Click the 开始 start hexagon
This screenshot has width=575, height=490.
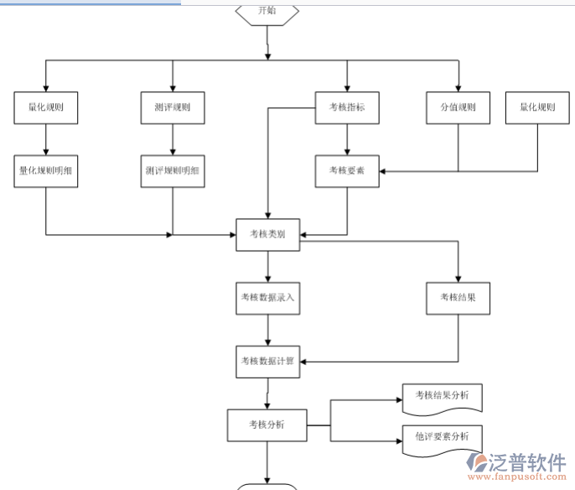pos(267,12)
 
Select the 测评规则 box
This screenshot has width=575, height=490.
pos(173,107)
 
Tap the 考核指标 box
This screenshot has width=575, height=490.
pos(346,107)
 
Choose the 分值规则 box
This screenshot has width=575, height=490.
pos(458,107)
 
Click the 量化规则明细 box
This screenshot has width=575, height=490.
pos(46,170)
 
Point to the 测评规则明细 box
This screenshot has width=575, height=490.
pos(173,170)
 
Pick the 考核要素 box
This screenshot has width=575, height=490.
pos(346,170)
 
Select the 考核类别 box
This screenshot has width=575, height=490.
pos(267,235)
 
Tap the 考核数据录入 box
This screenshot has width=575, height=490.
pos(267,297)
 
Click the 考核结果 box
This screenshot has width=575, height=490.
pos(458,297)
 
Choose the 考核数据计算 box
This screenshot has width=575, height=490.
pos(267,361)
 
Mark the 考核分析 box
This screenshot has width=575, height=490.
pos(267,425)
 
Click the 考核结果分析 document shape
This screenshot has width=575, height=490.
pos(442,395)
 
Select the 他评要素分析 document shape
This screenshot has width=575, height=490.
pos(442,437)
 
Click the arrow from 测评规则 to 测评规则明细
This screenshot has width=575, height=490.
pos(173,138)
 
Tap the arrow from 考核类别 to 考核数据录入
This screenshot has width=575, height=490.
pos(267,266)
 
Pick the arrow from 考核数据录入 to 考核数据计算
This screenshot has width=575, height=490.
pos(267,329)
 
